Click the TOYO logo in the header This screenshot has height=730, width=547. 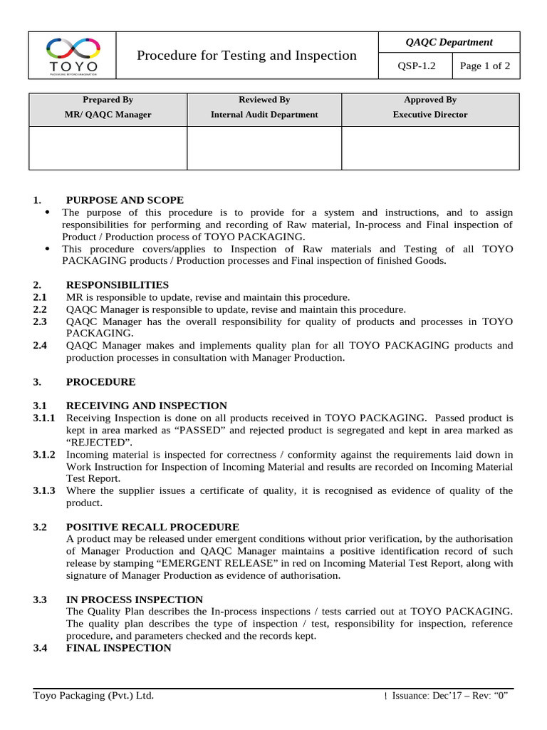pyautogui.click(x=72, y=56)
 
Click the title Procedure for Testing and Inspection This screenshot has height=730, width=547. pyautogui.click(x=246, y=55)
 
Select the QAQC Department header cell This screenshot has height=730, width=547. pyautogui.click(x=449, y=42)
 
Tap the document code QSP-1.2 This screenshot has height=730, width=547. pyautogui.click(x=415, y=67)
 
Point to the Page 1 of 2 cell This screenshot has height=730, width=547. pyautogui.click(x=485, y=67)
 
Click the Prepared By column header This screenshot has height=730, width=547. pyautogui.click(x=108, y=100)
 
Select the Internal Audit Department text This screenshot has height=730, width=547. pyautogui.click(x=264, y=114)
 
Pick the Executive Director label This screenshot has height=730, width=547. pyautogui.click(x=430, y=114)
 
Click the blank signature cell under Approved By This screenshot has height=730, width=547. pyautogui.click(x=430, y=148)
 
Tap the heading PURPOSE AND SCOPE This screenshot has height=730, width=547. pyautogui.click(x=125, y=200)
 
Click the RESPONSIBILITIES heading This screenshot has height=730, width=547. pyautogui.click(x=118, y=284)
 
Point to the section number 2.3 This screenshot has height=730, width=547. pyautogui.click(x=40, y=322)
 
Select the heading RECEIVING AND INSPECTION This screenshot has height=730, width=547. pyautogui.click(x=147, y=406)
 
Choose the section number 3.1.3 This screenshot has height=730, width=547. pyautogui.click(x=45, y=490)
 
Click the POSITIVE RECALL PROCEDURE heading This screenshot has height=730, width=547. pyautogui.click(x=152, y=527)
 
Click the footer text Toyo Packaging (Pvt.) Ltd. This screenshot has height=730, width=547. pyautogui.click(x=93, y=696)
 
